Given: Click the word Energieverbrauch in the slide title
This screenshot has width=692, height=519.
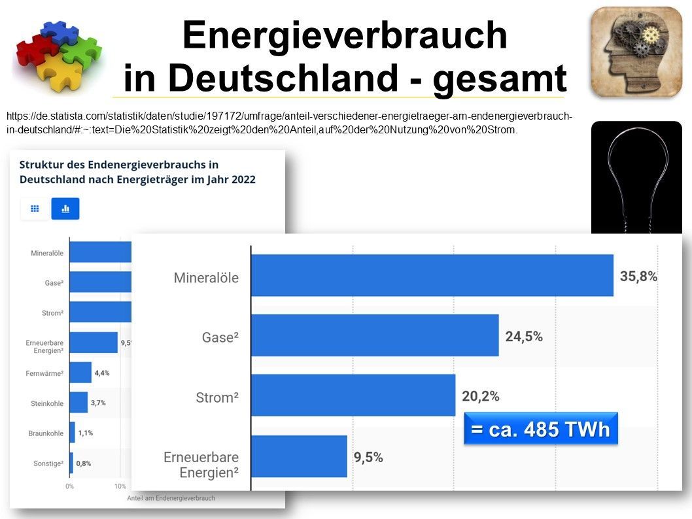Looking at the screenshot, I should point(345,36).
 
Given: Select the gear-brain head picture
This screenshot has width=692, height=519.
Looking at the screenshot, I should point(636,52).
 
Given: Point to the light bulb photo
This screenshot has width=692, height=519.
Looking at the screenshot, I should point(636,176).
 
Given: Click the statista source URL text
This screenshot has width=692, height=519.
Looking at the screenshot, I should point(288,123).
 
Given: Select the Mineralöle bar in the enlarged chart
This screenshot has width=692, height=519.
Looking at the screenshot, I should point(432,276).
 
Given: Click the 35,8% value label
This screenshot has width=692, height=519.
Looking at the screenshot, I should point(638,276).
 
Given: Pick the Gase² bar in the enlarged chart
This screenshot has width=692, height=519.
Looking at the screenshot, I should point(374,335).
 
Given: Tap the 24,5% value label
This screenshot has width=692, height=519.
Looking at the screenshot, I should point(523,336).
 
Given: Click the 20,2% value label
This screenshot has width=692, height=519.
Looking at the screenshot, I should point(480,396).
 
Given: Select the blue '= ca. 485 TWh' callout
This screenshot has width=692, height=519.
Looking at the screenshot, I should point(540,429).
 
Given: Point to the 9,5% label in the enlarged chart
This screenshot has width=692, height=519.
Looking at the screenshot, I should point(368,458).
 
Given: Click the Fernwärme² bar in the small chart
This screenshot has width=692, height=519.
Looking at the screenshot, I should point(80,373).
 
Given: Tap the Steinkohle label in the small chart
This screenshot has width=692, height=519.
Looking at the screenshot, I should point(48,403).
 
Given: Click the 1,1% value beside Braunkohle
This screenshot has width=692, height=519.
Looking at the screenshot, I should point(85,433).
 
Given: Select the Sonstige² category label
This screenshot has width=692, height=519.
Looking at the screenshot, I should point(48,463).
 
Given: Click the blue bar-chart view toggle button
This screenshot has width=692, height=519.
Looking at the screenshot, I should point(65,209).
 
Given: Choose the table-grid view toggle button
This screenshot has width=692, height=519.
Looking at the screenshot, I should point(35,209).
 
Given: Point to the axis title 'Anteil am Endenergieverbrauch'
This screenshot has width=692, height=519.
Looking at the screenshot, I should point(169,498).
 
